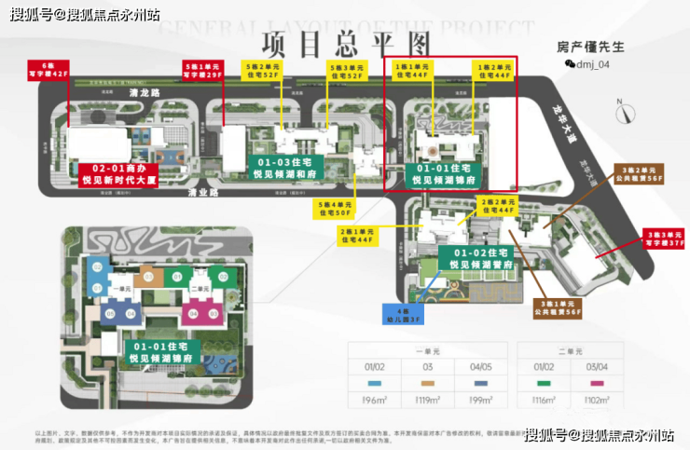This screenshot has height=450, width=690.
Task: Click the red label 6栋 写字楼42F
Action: coord(49,71)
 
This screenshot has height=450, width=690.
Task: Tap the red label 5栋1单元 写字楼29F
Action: coord(204,72)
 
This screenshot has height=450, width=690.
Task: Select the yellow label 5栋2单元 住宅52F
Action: coord(265,72)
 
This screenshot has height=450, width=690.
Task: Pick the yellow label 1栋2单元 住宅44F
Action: coord(493,72)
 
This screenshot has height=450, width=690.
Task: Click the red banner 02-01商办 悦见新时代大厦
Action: coord(119,172)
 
